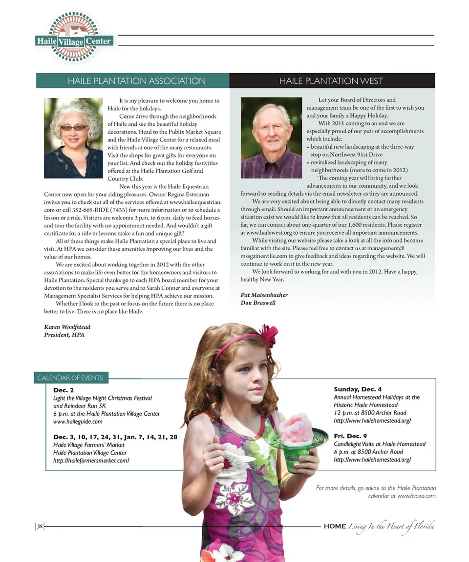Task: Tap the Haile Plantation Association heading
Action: click(x=136, y=81)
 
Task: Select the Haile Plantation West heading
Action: click(x=331, y=81)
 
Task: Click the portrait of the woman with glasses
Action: click(x=73, y=138)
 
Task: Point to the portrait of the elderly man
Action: click(x=271, y=138)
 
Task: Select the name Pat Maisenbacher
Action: click(x=264, y=295)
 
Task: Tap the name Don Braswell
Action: click(x=258, y=303)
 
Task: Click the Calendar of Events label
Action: click(x=70, y=378)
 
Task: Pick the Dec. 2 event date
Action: click(x=63, y=390)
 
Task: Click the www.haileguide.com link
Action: click(x=78, y=421)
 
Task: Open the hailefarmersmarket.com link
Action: click(x=91, y=460)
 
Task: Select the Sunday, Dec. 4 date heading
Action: click(x=358, y=389)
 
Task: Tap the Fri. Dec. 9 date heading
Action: click(x=350, y=436)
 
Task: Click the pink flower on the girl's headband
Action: click(x=268, y=335)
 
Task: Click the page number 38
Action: click(x=40, y=526)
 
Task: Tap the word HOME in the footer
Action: click(x=335, y=526)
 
